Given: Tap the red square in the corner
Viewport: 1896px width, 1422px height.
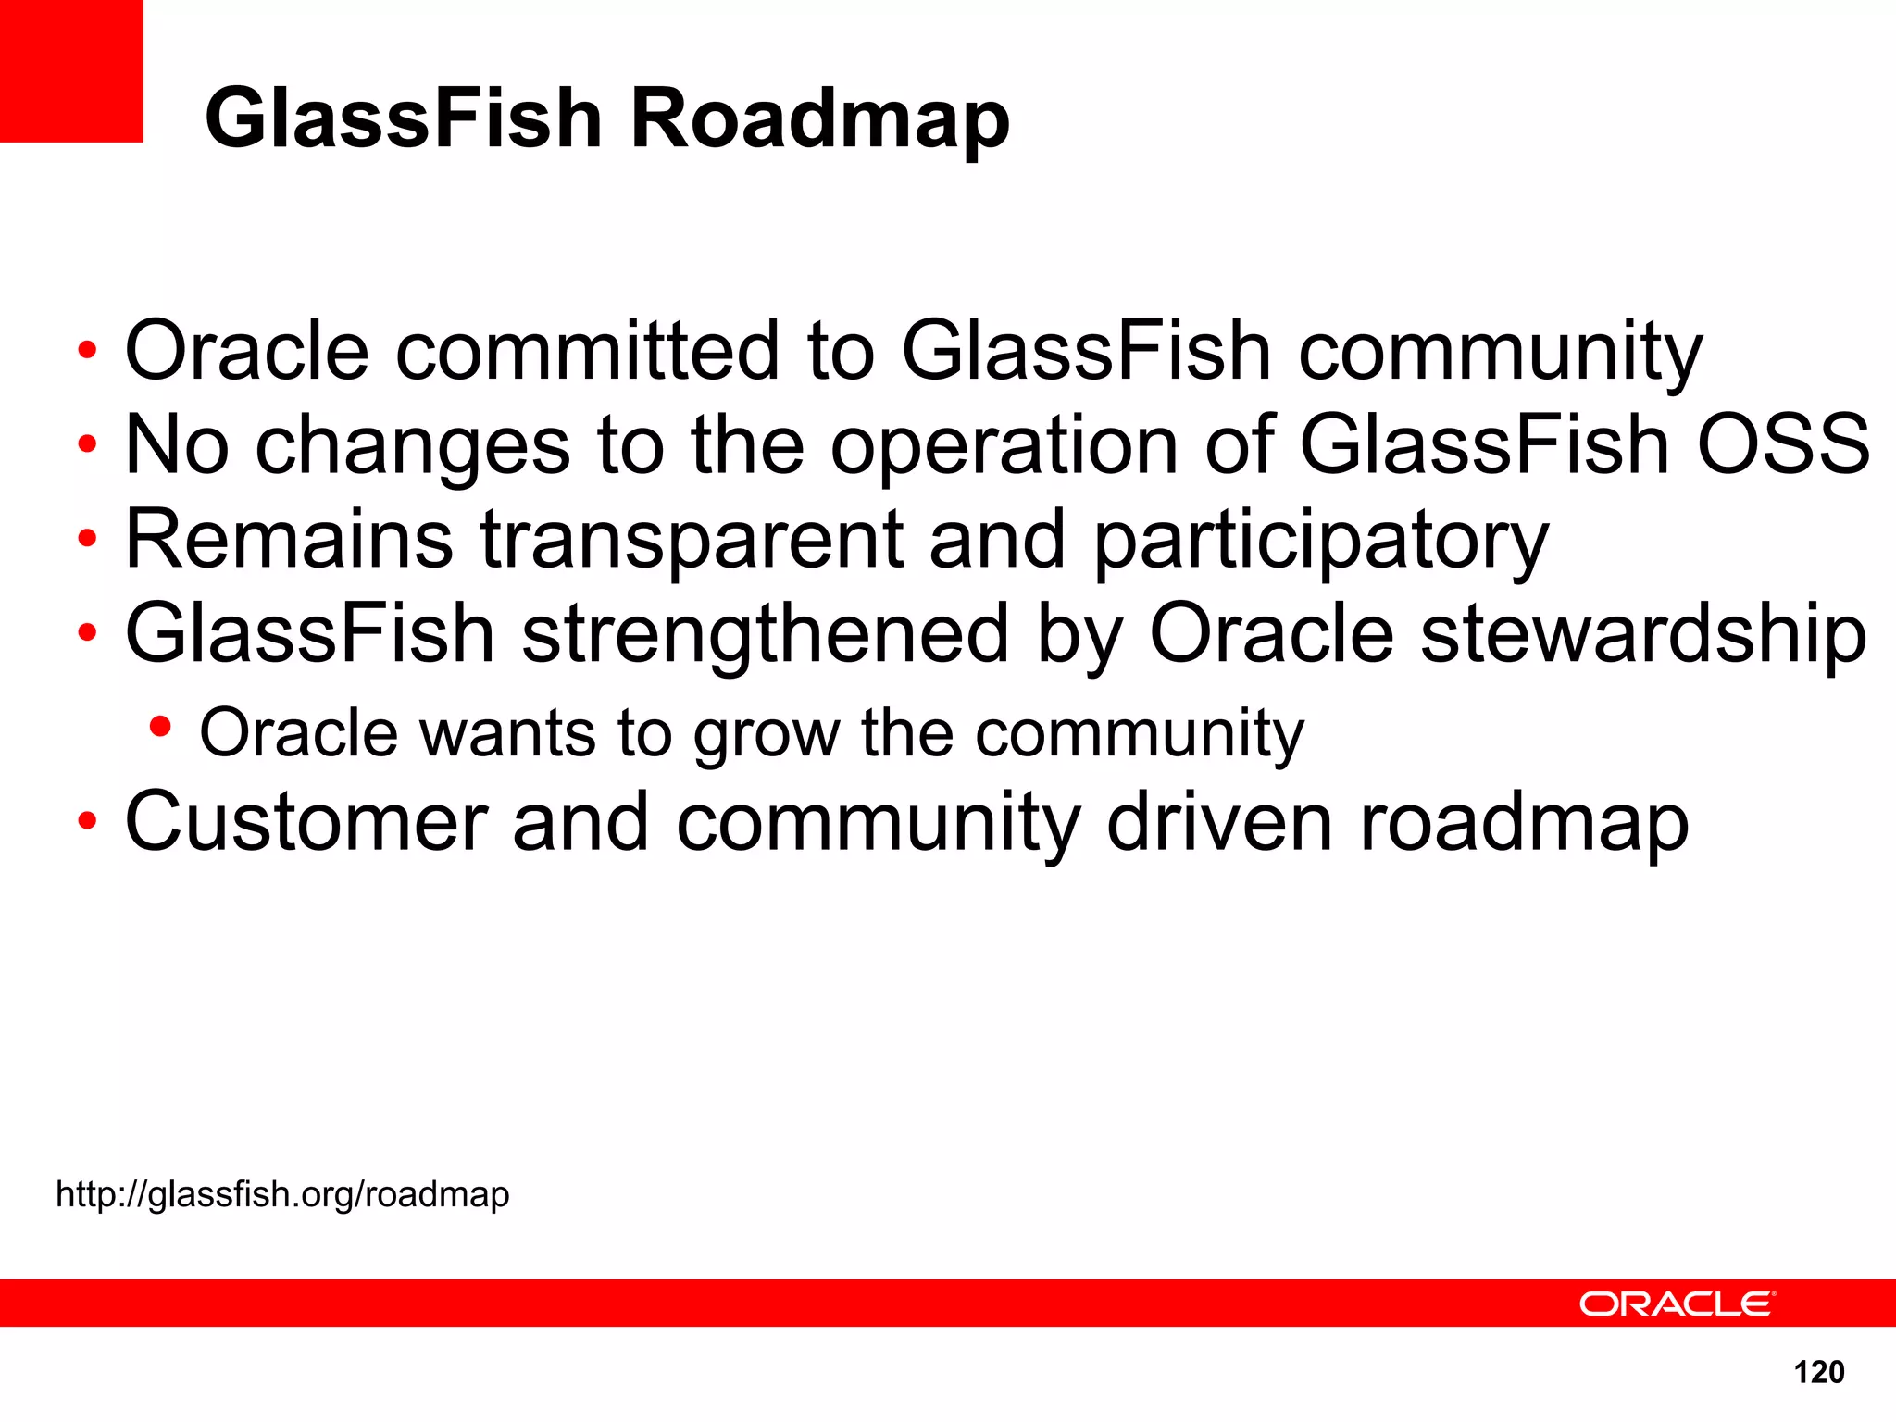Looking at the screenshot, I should (70, 70).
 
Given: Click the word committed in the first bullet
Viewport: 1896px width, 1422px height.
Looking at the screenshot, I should (587, 351).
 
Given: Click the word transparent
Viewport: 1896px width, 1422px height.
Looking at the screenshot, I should (691, 543).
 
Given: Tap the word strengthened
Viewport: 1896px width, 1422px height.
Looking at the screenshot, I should (765, 637).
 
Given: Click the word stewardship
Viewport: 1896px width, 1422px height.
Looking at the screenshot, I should (1643, 637).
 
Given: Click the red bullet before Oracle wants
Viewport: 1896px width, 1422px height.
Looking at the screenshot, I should (160, 727).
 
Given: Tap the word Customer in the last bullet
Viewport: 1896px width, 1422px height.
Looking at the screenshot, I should (306, 823).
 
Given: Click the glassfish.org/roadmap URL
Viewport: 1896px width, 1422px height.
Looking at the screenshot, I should (282, 1194).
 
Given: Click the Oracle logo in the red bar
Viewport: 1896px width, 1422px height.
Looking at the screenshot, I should (1676, 1303).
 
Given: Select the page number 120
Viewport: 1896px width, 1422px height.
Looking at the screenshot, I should (1818, 1372).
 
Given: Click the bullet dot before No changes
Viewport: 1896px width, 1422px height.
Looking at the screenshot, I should (87, 445).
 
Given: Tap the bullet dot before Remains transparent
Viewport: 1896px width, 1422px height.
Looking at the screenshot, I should (87, 540).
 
